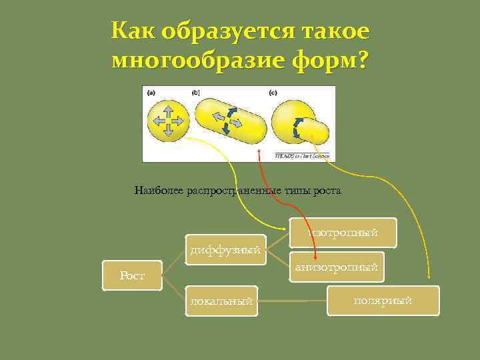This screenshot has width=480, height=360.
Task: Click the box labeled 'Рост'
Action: click(x=132, y=275)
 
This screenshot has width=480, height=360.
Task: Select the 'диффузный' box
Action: click(x=225, y=251)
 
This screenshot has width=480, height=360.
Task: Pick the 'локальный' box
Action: click(x=221, y=301)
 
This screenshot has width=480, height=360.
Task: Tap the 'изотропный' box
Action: click(x=343, y=233)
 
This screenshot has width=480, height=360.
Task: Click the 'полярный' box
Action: click(x=383, y=301)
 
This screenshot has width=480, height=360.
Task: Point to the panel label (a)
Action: click(x=153, y=93)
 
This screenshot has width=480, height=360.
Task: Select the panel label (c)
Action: click(x=273, y=93)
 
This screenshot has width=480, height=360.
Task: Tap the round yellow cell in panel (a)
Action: click(x=168, y=121)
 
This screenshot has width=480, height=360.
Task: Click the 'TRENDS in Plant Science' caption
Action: click(x=302, y=156)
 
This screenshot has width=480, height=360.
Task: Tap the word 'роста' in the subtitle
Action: click(x=328, y=191)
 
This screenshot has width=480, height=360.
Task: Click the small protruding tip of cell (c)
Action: click(x=319, y=132)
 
